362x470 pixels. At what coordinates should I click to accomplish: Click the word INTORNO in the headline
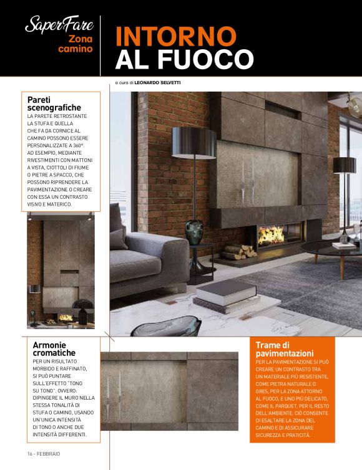click(177, 36)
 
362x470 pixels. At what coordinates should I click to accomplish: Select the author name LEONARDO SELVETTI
click(154, 82)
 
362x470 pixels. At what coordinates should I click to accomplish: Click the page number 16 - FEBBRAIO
click(44, 453)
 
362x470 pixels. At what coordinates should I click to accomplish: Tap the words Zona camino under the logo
click(77, 44)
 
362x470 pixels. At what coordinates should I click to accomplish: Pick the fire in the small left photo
click(66, 317)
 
